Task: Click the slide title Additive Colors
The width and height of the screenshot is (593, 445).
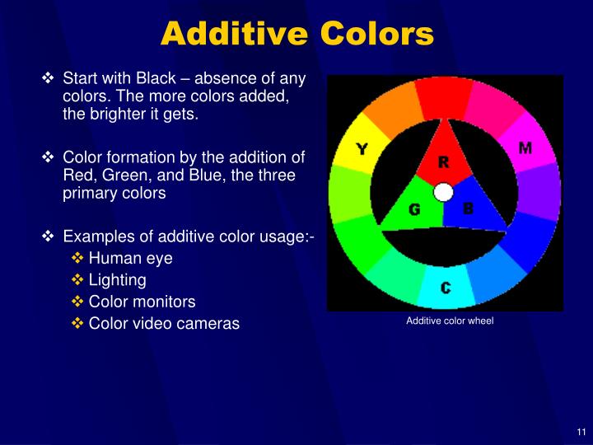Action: pyautogui.click(x=296, y=34)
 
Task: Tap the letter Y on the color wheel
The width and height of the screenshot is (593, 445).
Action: pyautogui.click(x=362, y=150)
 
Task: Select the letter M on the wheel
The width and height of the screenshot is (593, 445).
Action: pyautogui.click(x=525, y=149)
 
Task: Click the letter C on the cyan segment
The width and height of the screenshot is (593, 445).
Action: pyautogui.click(x=445, y=288)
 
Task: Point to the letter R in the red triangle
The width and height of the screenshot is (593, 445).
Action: pyautogui.click(x=443, y=162)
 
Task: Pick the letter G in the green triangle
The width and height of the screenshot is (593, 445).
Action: pyautogui.click(x=415, y=209)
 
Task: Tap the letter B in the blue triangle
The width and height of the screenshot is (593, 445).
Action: pyautogui.click(x=468, y=208)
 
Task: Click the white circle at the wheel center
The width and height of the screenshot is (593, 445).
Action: pyautogui.click(x=443, y=192)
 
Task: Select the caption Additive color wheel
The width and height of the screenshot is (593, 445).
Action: pyautogui.click(x=450, y=321)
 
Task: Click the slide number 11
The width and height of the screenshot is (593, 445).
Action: pyautogui.click(x=581, y=432)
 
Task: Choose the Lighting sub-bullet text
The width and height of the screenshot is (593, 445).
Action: pyautogui.click(x=117, y=280)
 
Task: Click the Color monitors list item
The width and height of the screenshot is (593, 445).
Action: pyautogui.click(x=142, y=302)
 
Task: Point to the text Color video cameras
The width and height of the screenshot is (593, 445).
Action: pyautogui.click(x=164, y=323)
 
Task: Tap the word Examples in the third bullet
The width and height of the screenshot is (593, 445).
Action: pyautogui.click(x=97, y=237)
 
